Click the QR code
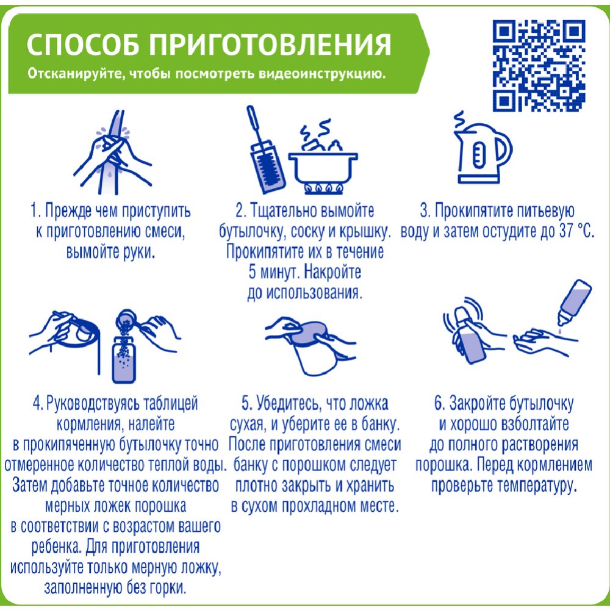[539, 66]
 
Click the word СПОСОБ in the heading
[83, 45]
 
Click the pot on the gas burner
[323, 163]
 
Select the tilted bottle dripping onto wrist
[574, 303]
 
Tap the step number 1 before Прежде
[34, 212]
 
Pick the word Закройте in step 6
[478, 404]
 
